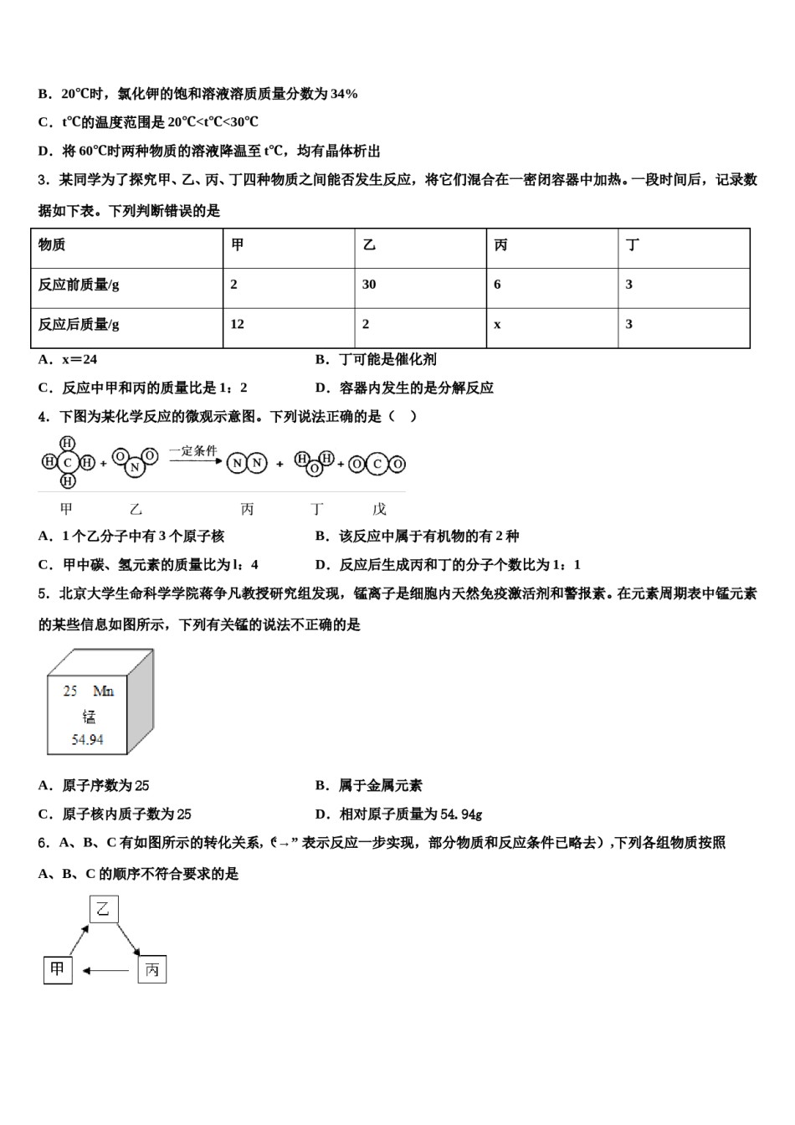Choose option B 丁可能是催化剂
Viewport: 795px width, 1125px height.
[376, 360]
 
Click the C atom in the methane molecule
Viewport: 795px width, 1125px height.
[68, 462]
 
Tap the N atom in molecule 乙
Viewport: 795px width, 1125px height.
[134, 467]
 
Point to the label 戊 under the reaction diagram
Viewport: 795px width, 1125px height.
[379, 509]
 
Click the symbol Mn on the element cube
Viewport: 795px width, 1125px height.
[104, 691]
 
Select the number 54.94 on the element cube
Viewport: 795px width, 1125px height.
[88, 740]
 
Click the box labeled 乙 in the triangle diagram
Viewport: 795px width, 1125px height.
[104, 908]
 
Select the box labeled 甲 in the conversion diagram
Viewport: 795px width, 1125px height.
[58, 970]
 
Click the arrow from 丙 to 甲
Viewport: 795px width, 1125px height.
[106, 971]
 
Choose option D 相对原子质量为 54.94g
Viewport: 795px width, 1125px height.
[399, 814]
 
